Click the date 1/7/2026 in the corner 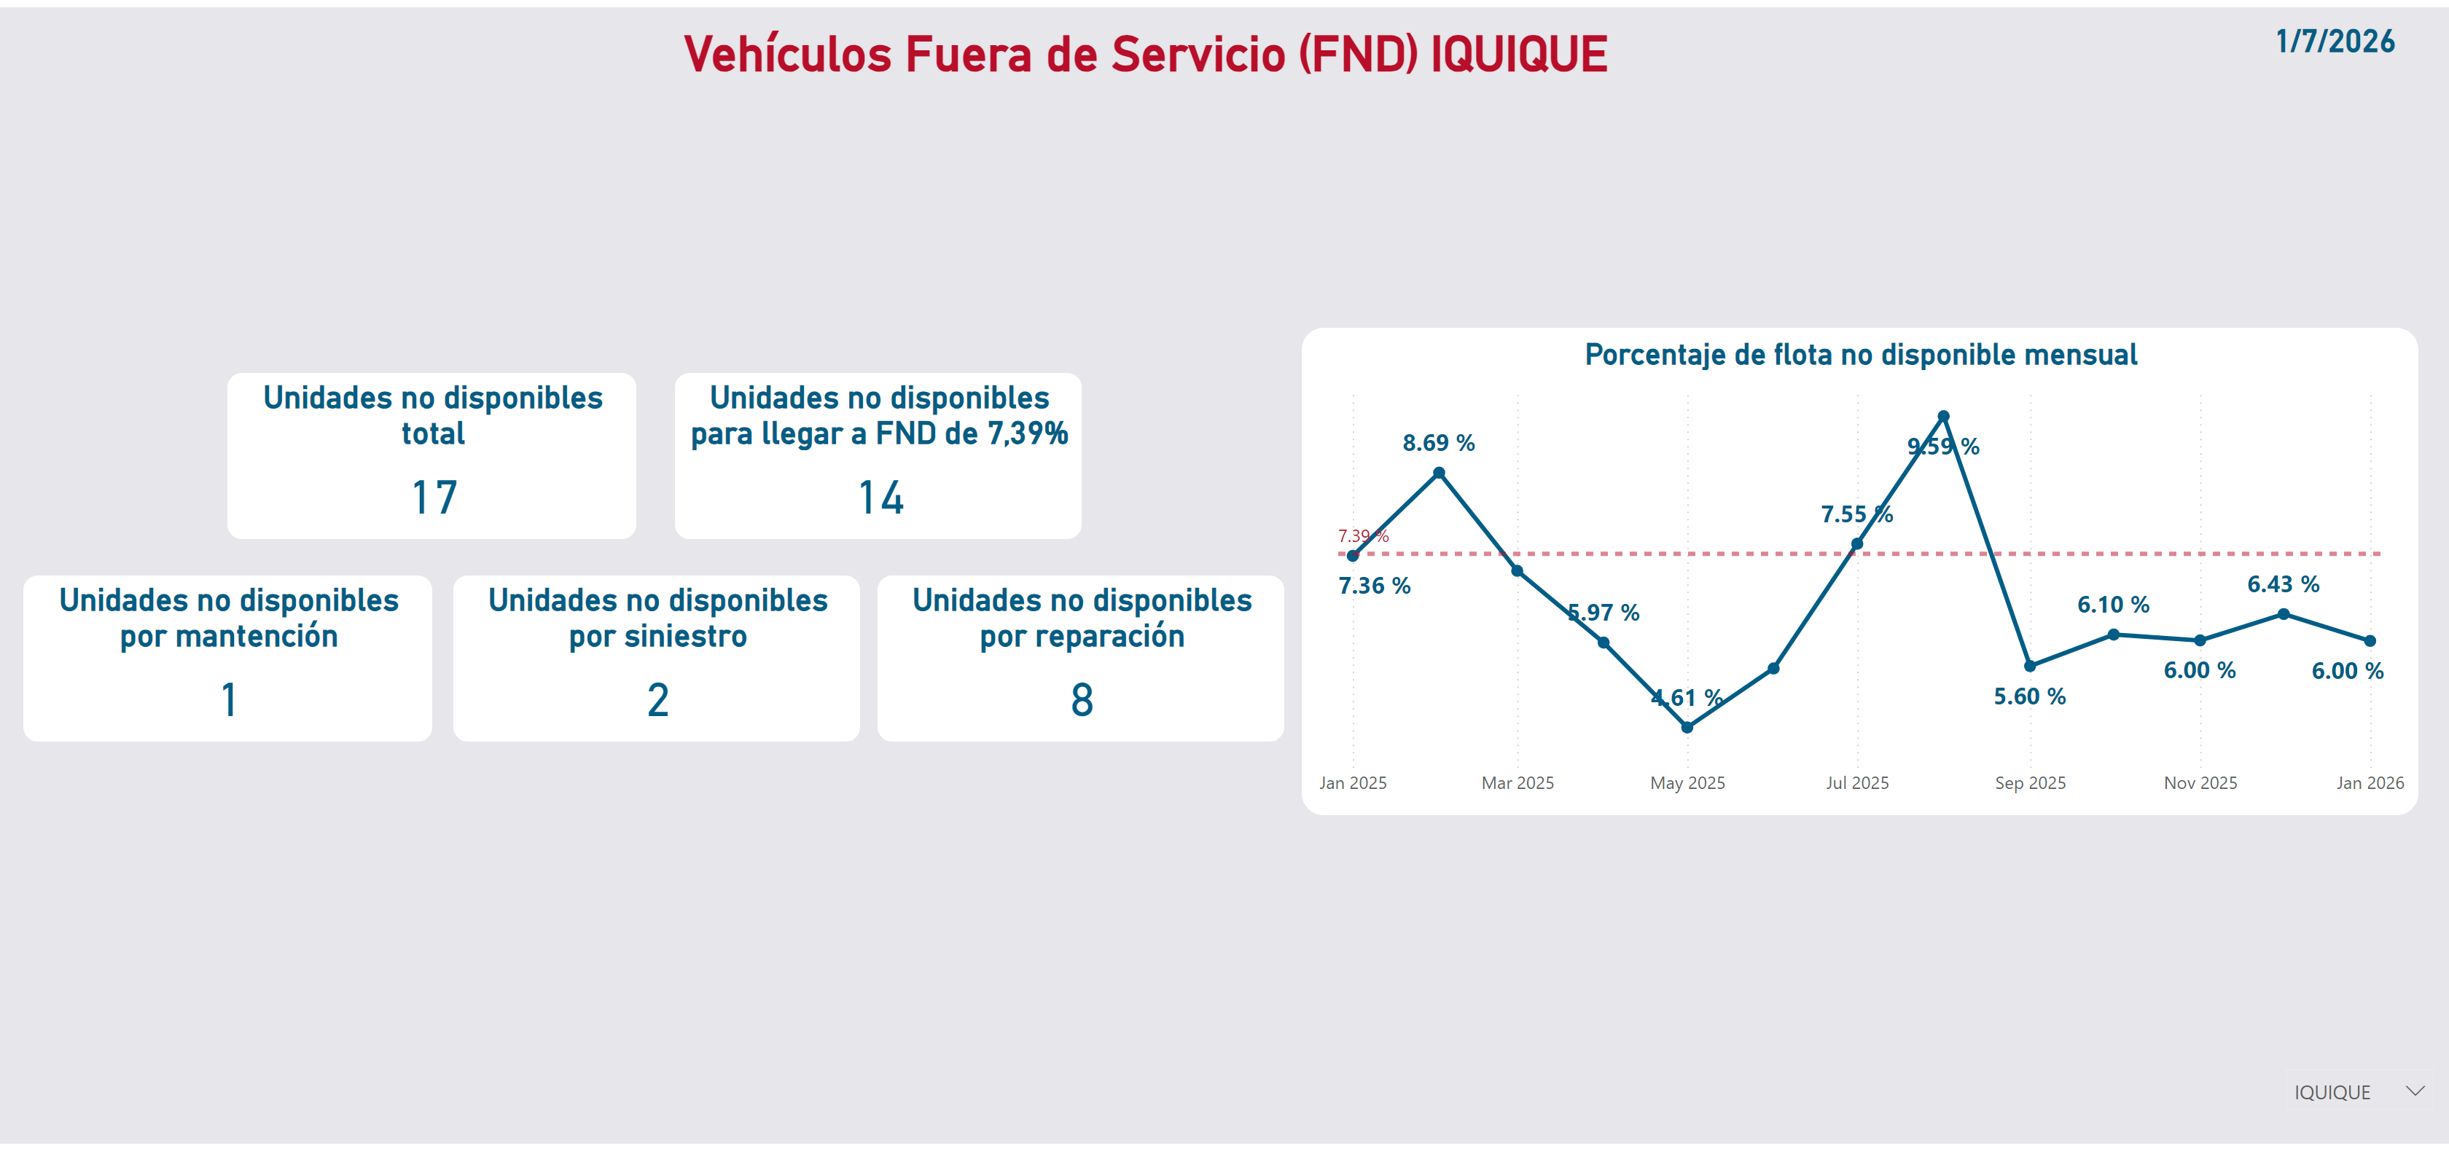coord(2334,42)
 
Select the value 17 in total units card coord(434,497)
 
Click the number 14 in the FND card coord(880,497)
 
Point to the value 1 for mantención coord(228,699)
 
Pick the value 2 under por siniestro coord(658,699)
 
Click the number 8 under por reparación coord(1082,699)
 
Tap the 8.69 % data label coord(1438,443)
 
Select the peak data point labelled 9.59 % coord(1943,416)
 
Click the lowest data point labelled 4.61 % coord(1687,728)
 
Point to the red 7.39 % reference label coord(1362,536)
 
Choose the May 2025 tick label coord(1687,783)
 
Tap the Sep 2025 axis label coord(2030,783)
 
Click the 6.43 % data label coord(2283,584)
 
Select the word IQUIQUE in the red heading coord(1518,54)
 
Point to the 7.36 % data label coord(1374,586)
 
